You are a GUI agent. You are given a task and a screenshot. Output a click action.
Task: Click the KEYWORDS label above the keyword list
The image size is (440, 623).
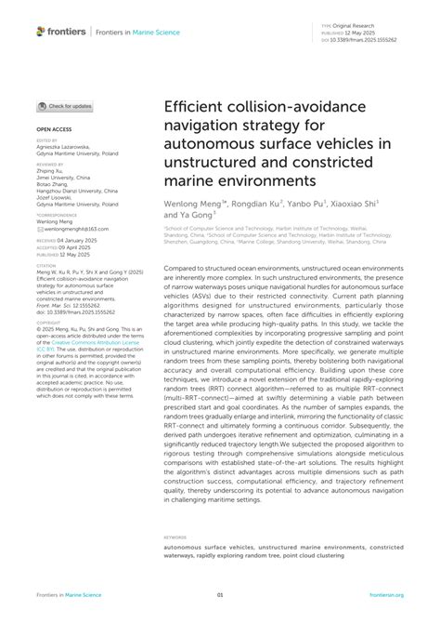pyautogui.click(x=175, y=537)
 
